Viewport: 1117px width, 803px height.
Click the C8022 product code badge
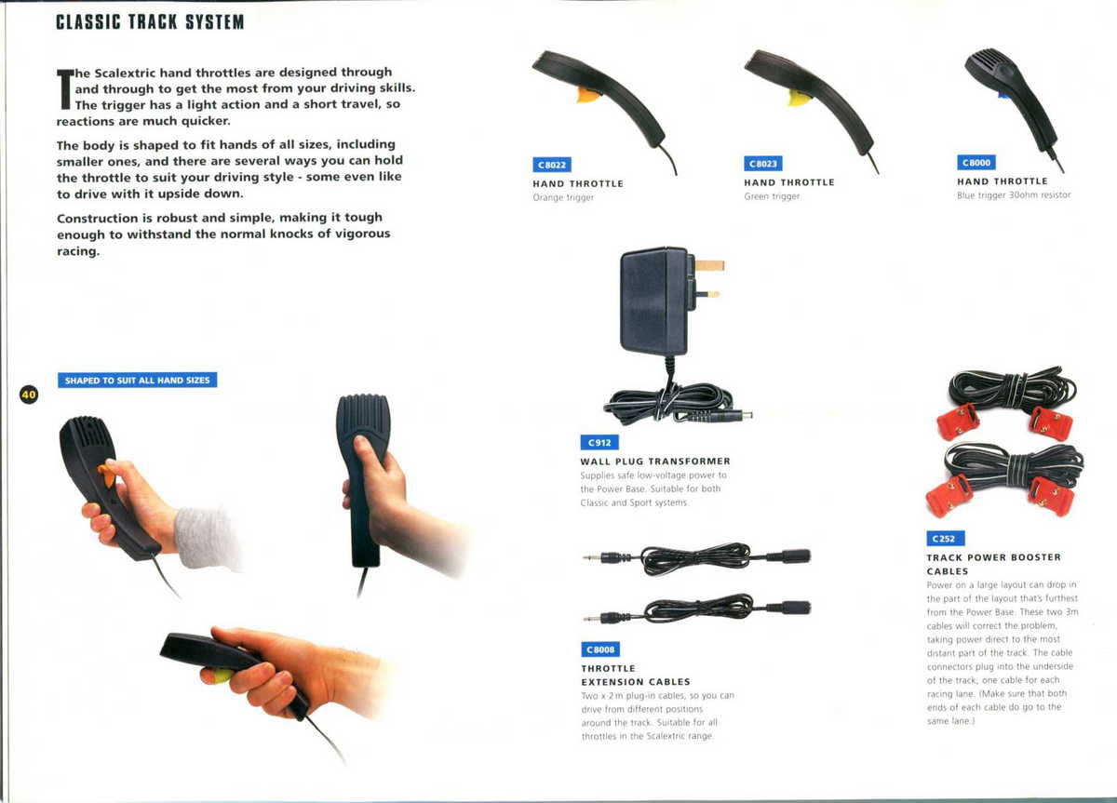(551, 165)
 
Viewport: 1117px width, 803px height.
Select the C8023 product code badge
(763, 164)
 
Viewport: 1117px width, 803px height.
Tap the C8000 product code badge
(976, 163)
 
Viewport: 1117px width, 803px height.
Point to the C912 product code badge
(599, 442)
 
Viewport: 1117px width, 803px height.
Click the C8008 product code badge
(600, 649)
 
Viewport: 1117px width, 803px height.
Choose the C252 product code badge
(945, 539)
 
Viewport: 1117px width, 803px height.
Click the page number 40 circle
(29, 395)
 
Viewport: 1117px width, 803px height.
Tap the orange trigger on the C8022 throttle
(588, 95)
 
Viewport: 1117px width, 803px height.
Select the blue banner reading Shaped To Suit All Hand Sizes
(137, 380)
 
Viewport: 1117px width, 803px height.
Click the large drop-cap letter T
(65, 88)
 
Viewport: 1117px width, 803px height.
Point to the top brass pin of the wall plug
(709, 265)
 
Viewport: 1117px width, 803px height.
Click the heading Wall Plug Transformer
(655, 462)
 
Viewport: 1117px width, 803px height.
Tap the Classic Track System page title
(150, 22)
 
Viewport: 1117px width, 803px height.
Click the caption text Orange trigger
(563, 197)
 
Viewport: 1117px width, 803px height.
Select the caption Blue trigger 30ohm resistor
(1014, 194)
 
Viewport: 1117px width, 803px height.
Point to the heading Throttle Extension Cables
(636, 675)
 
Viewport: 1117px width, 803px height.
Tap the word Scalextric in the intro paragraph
(124, 74)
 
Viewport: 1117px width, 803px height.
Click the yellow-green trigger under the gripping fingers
(222, 676)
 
